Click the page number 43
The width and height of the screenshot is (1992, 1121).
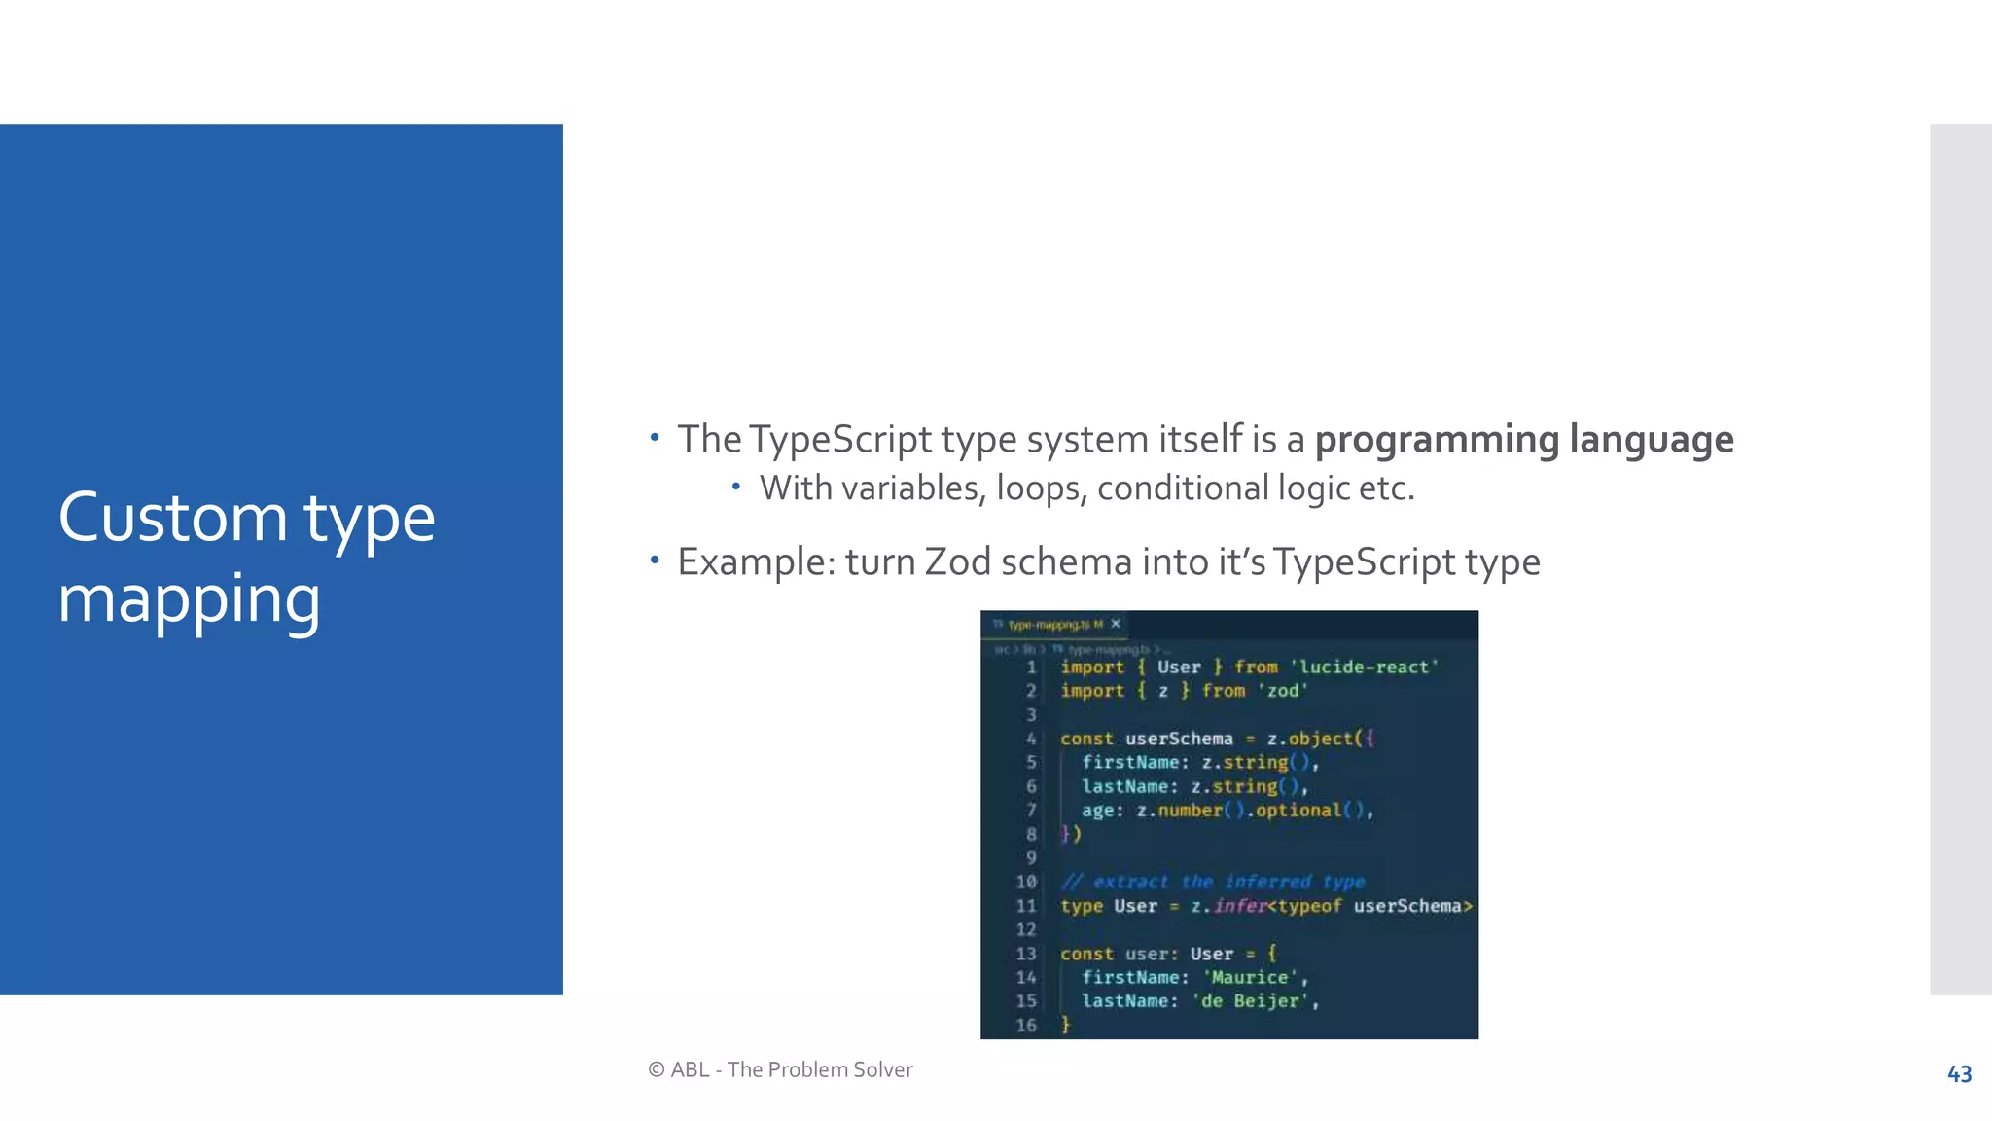pyautogui.click(x=1959, y=1074)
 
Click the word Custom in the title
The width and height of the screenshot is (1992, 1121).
pyautogui.click(x=172, y=518)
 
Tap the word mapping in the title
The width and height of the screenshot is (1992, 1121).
pyautogui.click(x=189, y=599)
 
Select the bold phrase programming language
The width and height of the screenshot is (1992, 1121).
pyautogui.click(x=1524, y=439)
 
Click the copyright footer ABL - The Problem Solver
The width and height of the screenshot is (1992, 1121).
pyautogui.click(x=780, y=1069)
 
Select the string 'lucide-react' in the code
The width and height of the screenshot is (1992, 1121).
pyautogui.click(x=1364, y=668)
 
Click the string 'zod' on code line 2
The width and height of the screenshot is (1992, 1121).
pyautogui.click(x=1283, y=691)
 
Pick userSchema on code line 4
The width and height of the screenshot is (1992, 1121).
pyautogui.click(x=1179, y=739)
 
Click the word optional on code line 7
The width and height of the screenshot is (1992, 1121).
pyautogui.click(x=1298, y=811)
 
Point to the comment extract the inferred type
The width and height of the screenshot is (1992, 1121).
pyautogui.click(x=1214, y=882)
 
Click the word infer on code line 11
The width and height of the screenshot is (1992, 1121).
pyautogui.click(x=1239, y=906)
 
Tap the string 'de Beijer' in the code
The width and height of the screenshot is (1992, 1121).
pyautogui.click(x=1251, y=1001)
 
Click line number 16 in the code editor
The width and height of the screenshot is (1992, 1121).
pyautogui.click(x=1026, y=1025)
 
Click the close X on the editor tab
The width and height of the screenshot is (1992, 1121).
pyautogui.click(x=1116, y=624)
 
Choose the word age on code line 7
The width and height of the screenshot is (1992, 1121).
pyautogui.click(x=1097, y=811)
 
